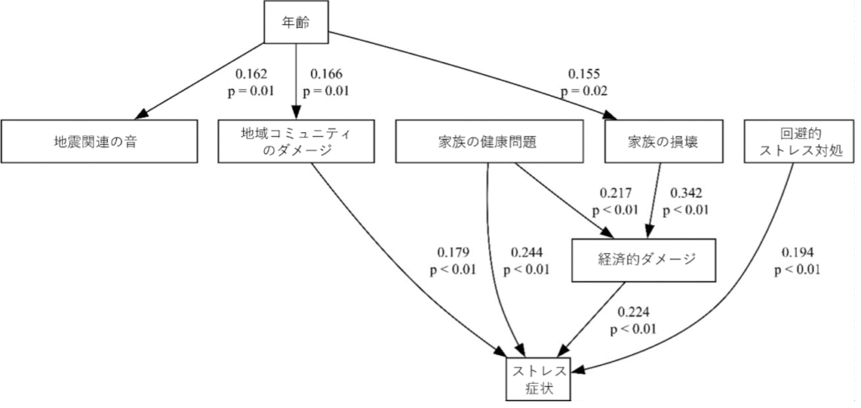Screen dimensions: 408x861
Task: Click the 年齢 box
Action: coord(296,22)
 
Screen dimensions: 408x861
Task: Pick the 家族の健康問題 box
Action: coord(488,141)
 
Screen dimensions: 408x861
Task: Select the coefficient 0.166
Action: coord(326,74)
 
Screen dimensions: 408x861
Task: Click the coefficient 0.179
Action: coord(453,252)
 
